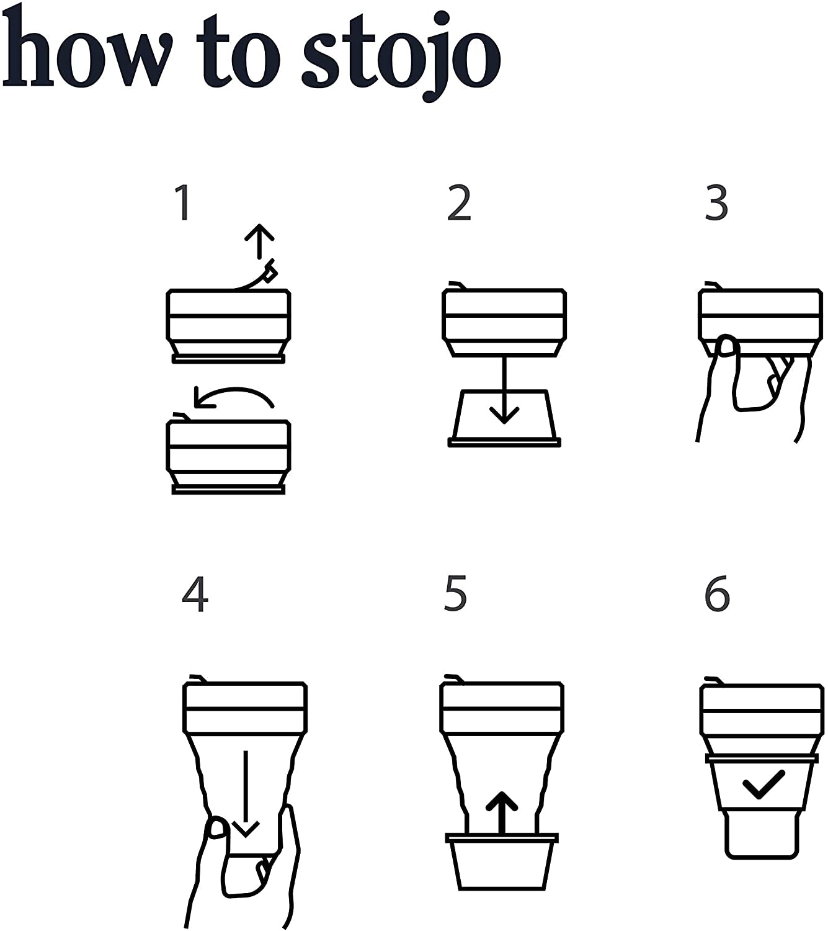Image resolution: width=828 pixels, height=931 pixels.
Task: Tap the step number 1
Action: pyautogui.click(x=183, y=203)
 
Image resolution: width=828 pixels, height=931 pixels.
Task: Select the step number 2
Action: pyautogui.click(x=459, y=203)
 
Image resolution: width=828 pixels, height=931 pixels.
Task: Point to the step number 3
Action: pyautogui.click(x=716, y=203)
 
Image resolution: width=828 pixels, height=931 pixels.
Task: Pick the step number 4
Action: pyautogui.click(x=195, y=594)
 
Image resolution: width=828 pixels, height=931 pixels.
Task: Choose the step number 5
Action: pyautogui.click(x=455, y=594)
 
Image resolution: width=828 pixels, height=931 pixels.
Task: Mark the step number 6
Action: pyautogui.click(x=718, y=594)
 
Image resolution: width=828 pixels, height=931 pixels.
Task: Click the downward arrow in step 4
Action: pyautogui.click(x=246, y=794)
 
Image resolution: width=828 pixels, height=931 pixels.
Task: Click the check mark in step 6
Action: pyautogui.click(x=763, y=785)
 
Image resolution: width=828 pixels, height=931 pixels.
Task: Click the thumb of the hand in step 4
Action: pyautogui.click(x=217, y=829)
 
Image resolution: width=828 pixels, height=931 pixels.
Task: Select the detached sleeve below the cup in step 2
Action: pyautogui.click(x=504, y=419)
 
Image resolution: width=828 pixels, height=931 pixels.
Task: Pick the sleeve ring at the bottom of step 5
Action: pyautogui.click(x=502, y=863)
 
